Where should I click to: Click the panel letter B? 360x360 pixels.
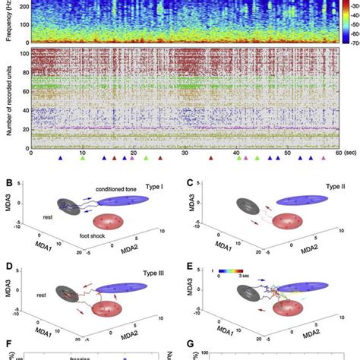click(9, 182)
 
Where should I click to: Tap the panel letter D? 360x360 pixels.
click(9, 265)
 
